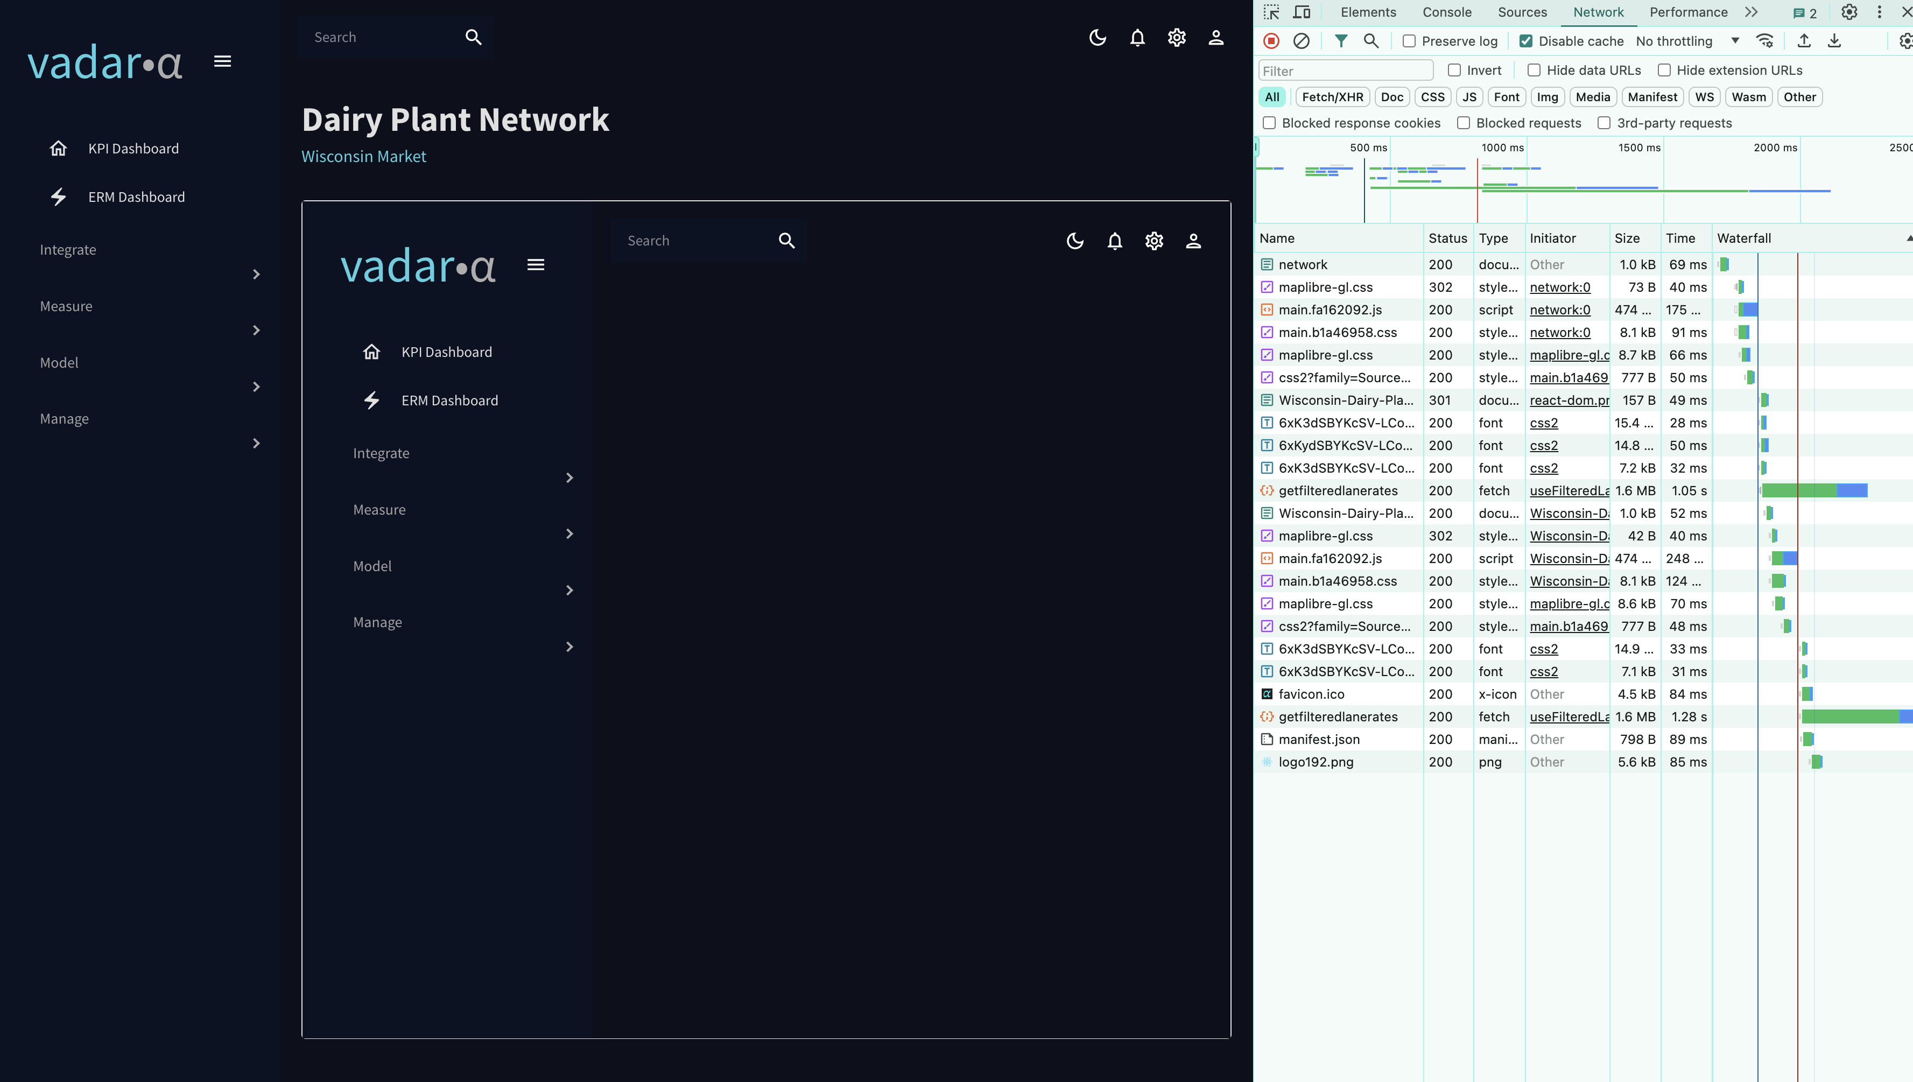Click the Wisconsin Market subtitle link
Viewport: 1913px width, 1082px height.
coord(363,156)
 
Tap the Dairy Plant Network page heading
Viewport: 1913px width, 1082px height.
coord(455,119)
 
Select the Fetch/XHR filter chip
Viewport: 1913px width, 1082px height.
coord(1332,96)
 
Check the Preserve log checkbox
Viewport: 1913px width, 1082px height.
coord(1409,41)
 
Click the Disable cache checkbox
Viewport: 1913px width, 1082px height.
coord(1525,41)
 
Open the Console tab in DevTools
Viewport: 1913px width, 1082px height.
coord(1446,12)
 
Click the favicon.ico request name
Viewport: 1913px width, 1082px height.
coord(1311,693)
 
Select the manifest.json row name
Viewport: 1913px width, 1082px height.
coord(1319,739)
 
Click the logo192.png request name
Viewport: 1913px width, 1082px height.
coord(1316,762)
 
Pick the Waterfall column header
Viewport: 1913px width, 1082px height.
coord(1743,238)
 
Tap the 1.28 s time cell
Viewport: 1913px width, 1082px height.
coord(1688,716)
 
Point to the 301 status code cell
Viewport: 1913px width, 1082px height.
coord(1439,400)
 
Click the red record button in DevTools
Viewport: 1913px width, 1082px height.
coord(1271,41)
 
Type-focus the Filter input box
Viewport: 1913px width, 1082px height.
coord(1345,71)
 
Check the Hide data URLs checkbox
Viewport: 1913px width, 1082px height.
coord(1534,70)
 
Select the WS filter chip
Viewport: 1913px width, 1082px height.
coord(1704,96)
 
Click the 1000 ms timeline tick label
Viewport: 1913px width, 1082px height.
coord(1502,147)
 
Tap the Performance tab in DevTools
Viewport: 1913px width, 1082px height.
coord(1688,12)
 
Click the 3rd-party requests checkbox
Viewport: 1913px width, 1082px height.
coord(1604,123)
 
